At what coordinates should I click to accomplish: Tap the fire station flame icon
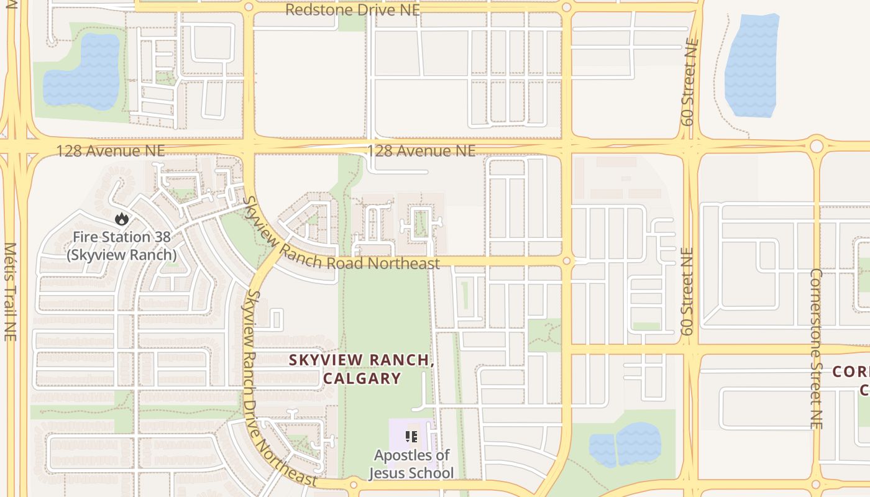pyautogui.click(x=121, y=219)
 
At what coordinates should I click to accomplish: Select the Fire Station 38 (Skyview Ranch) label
pyautogui.click(x=121, y=246)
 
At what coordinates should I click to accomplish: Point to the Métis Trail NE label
pyautogui.click(x=9, y=291)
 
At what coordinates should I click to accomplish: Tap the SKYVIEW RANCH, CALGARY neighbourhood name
pyautogui.click(x=361, y=369)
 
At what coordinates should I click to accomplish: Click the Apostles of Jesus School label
pyautogui.click(x=411, y=463)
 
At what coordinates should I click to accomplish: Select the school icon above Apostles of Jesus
pyautogui.click(x=411, y=437)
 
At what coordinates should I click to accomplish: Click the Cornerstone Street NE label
pyautogui.click(x=816, y=348)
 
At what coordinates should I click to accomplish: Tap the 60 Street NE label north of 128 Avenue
pyautogui.click(x=690, y=82)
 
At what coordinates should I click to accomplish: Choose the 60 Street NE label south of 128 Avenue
pyautogui.click(x=687, y=292)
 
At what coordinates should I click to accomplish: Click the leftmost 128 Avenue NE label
pyautogui.click(x=111, y=151)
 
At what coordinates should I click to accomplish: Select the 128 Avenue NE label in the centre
pyautogui.click(x=421, y=151)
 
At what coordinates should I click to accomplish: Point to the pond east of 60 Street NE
pyautogui.click(x=752, y=65)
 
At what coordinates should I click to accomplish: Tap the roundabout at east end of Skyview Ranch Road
pyautogui.click(x=566, y=261)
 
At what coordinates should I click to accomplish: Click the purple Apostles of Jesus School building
pyautogui.click(x=398, y=435)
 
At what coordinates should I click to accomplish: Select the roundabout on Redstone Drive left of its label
pyautogui.click(x=249, y=7)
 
